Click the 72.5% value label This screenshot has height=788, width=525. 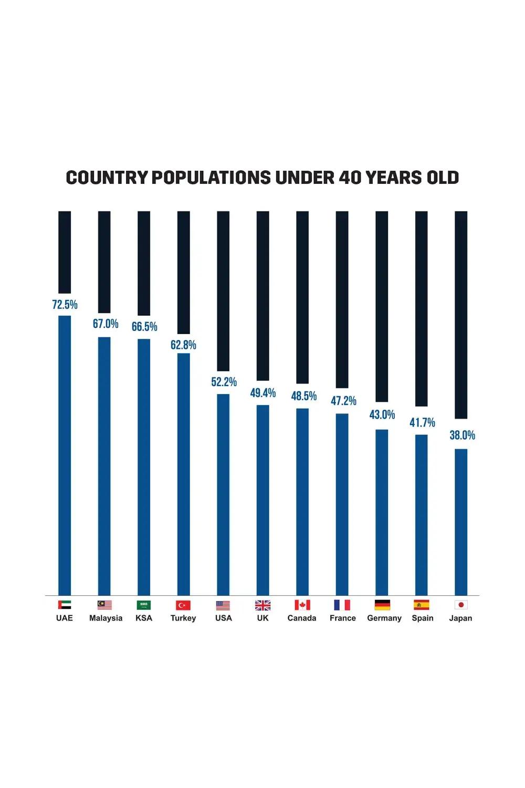pos(65,305)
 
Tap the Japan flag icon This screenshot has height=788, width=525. pos(461,605)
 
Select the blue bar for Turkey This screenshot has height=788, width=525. pos(183,473)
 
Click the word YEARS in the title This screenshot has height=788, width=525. pos(393,178)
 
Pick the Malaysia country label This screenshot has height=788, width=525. pos(106,618)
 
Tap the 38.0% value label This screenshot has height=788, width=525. pos(462,435)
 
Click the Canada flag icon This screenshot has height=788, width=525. pos(302,605)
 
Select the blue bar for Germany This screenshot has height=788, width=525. pos(382,512)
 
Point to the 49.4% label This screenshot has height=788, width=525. pos(262,393)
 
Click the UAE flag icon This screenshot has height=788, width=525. pos(65,605)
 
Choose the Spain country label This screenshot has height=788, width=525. pos(423,618)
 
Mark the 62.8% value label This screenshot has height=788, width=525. pos(183,345)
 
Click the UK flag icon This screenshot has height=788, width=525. pos(262,605)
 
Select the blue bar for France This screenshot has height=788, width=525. pos(342,504)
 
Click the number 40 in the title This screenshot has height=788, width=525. pos(350,178)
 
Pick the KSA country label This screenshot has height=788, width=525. pos(144,618)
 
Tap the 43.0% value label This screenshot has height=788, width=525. pos(382,414)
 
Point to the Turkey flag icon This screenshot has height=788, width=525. pos(183,605)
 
